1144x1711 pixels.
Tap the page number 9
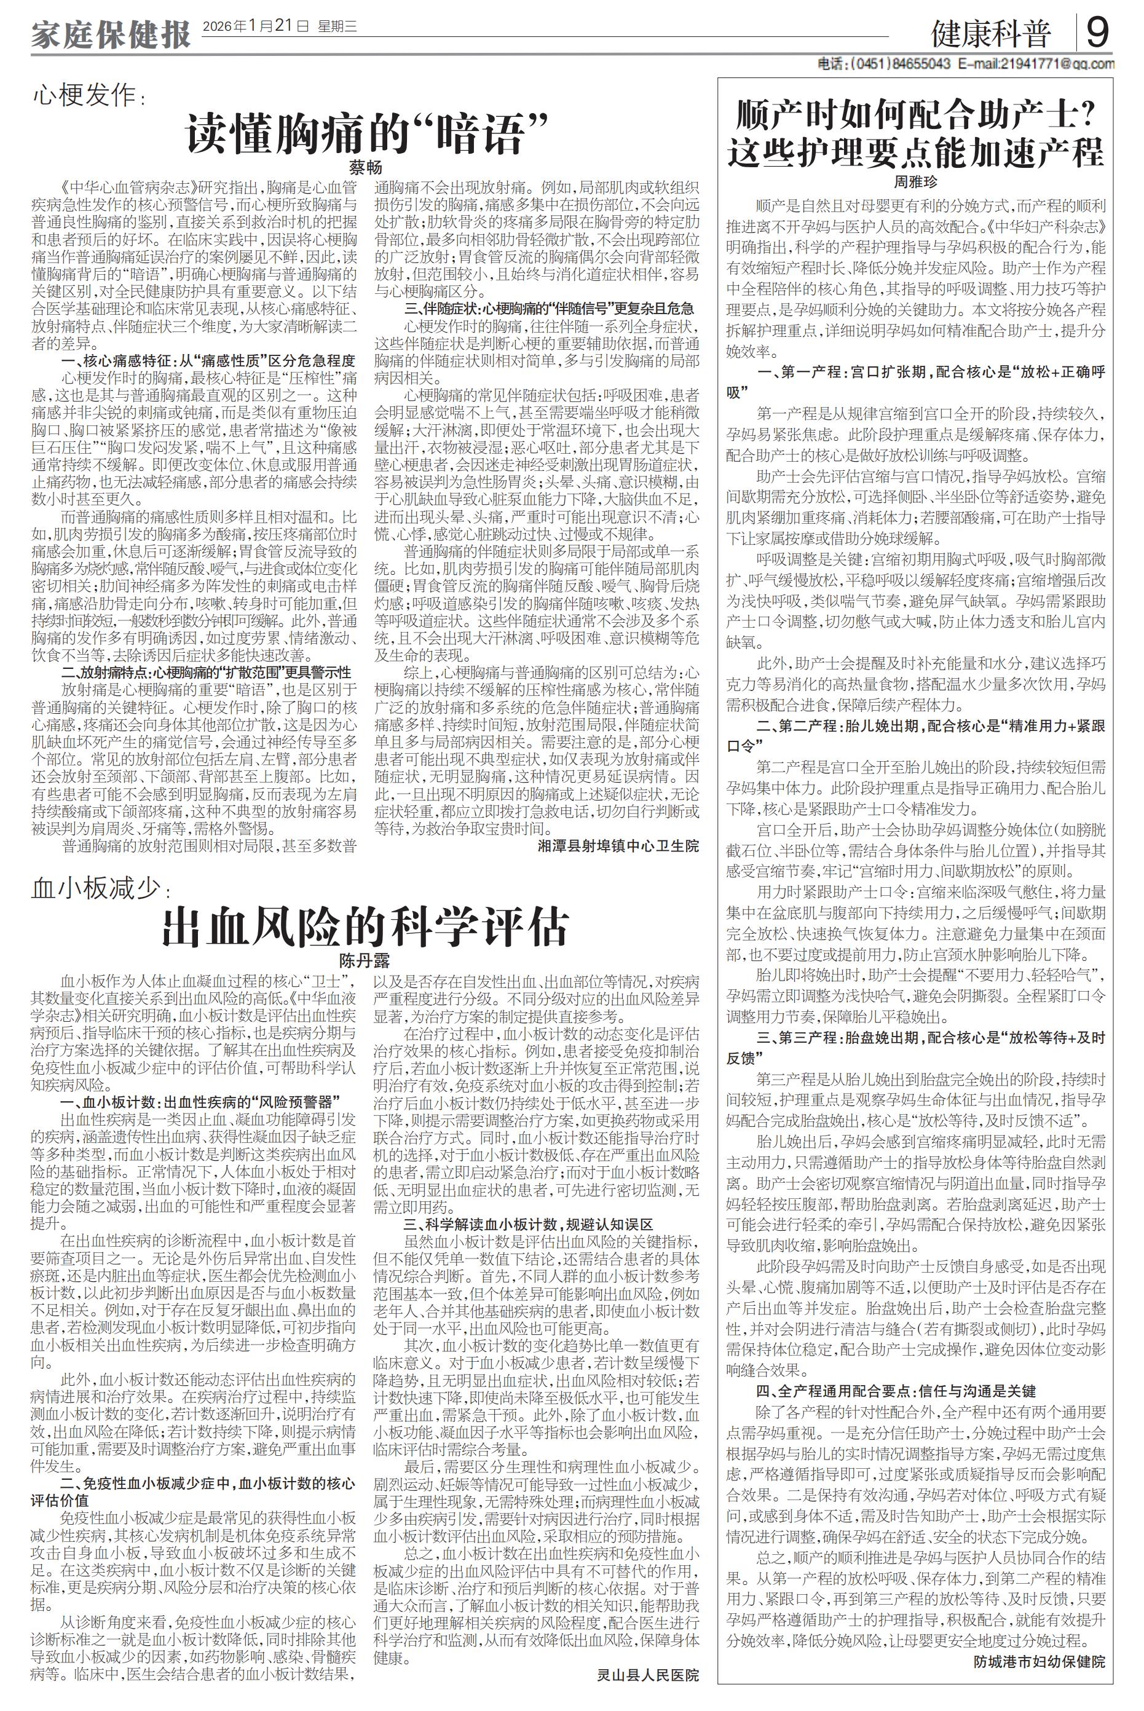pyautogui.click(x=1098, y=32)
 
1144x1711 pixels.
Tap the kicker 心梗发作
pyautogui.click(x=85, y=95)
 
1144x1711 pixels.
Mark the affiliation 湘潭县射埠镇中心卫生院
pyautogui.click(x=618, y=845)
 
